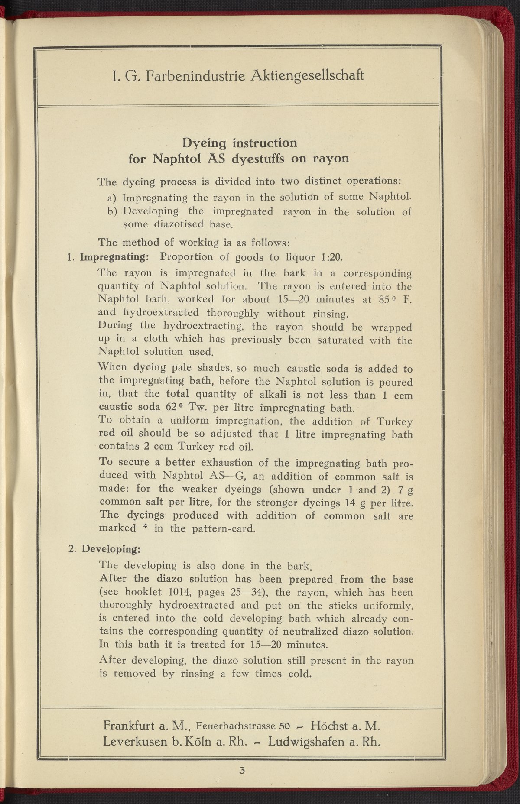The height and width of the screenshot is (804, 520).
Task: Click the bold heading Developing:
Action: point(112,548)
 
